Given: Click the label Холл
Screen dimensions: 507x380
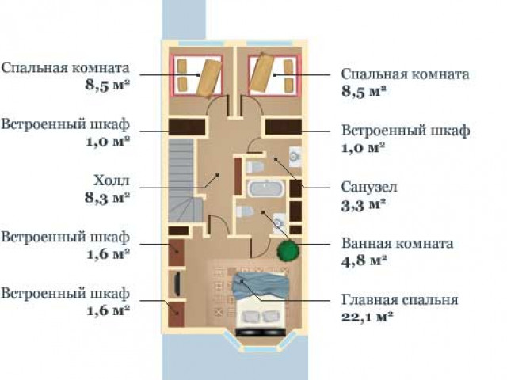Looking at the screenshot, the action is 112,180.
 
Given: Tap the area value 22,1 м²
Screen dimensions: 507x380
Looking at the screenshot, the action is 368,317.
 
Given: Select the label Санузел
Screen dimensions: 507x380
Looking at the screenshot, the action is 369,187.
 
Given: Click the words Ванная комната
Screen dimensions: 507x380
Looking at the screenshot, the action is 398,243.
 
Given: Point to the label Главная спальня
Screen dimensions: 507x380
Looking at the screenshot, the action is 399,299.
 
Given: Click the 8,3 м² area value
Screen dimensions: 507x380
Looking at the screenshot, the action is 108,197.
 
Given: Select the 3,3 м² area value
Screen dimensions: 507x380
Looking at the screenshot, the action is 364,205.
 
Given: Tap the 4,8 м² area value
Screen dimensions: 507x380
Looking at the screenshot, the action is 364,260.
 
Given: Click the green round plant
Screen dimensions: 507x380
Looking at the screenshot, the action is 288,249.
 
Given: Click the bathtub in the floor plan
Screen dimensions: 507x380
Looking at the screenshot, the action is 266,188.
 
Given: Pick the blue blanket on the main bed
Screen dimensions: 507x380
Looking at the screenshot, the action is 260,285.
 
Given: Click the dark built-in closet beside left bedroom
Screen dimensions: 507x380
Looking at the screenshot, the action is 187,127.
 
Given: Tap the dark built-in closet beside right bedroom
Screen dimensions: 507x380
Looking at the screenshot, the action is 284,127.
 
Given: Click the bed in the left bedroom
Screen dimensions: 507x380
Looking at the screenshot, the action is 197,75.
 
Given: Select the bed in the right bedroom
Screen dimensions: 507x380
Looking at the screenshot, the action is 274,75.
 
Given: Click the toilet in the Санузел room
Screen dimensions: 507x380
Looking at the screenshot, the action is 255,167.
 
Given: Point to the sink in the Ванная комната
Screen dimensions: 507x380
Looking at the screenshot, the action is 279,222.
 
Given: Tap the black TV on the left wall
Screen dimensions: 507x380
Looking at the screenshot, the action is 177,283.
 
